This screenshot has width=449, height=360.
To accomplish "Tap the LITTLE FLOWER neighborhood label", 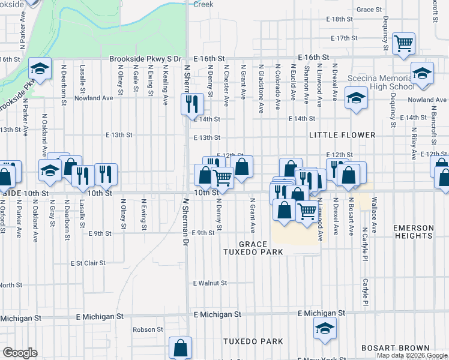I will point(342,136).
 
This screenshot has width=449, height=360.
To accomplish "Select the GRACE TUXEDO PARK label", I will point(261,248).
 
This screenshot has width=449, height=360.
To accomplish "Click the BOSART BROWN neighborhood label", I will point(396,348).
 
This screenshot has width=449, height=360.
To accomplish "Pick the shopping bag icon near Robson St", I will point(181,347).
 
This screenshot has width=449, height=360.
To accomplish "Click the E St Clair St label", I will point(88,263).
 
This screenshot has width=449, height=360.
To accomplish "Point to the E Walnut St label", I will point(211,283).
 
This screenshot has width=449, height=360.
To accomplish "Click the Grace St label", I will point(369,10).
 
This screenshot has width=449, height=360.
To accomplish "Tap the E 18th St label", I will point(340,19).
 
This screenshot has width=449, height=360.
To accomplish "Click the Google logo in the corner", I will point(19,353).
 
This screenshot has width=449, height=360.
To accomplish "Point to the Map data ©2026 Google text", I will point(412,355).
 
